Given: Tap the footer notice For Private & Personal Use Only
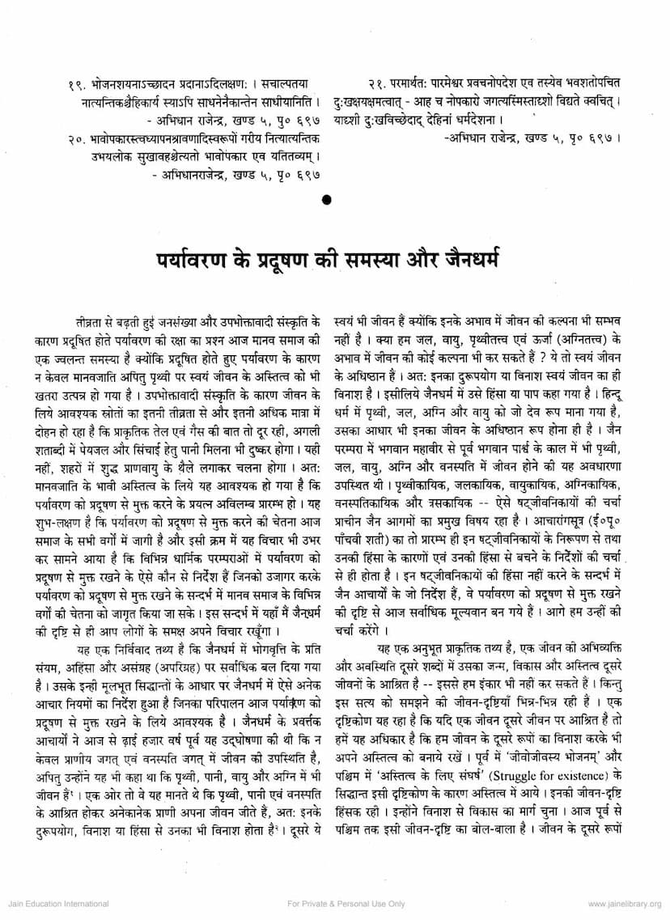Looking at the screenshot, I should pos(346,903).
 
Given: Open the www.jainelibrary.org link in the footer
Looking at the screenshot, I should pos(624,903).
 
